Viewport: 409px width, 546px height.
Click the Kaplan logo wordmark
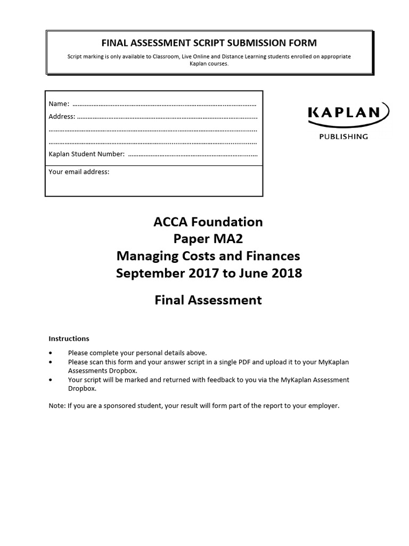343,113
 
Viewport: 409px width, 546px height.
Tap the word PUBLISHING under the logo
343,136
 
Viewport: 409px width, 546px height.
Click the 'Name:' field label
59,103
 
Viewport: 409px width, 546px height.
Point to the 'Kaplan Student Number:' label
87,155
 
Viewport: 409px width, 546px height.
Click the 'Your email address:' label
79,172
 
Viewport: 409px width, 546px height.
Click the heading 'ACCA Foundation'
208,221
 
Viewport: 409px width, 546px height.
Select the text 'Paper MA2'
208,239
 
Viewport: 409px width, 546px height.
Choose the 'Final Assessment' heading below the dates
208,300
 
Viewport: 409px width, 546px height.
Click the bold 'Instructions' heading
69,339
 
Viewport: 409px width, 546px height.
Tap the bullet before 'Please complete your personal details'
51,353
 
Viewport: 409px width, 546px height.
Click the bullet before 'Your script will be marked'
51,380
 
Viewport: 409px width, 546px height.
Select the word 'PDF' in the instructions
259,362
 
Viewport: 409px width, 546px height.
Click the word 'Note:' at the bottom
57,406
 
